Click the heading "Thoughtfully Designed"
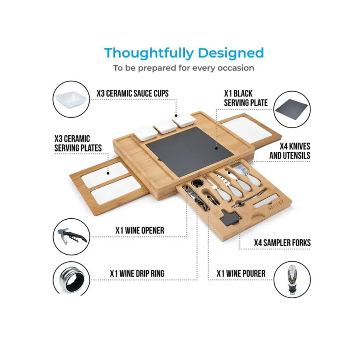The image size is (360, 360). [x=184, y=53]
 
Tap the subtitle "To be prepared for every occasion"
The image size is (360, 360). [x=184, y=68]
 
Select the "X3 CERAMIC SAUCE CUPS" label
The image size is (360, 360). [x=132, y=94]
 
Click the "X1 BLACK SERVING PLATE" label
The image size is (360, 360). [x=246, y=98]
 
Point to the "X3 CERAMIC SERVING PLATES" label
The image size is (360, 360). [x=78, y=144]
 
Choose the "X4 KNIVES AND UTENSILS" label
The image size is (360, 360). [x=290, y=151]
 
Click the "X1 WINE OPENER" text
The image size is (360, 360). [x=140, y=230]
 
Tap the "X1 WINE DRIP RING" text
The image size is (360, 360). [x=137, y=274]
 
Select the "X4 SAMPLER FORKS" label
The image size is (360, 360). [x=282, y=243]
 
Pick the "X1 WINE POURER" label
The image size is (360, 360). [x=241, y=274]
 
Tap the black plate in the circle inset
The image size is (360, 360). [x=292, y=110]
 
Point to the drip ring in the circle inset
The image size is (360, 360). [x=71, y=279]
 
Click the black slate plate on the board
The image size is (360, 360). [x=190, y=152]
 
